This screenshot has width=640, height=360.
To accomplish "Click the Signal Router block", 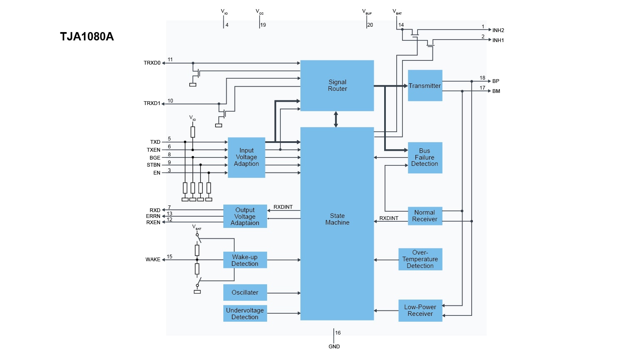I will (337, 85).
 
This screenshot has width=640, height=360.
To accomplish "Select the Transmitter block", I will (425, 85).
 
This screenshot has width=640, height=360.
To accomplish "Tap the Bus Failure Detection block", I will (425, 157).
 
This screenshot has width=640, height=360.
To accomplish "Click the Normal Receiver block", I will (425, 216).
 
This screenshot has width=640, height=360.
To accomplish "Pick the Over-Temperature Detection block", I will (420, 259).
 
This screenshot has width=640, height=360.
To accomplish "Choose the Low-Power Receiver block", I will (420, 310).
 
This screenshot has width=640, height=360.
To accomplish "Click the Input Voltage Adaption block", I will (246, 157).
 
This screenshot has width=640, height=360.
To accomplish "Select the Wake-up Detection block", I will (245, 260).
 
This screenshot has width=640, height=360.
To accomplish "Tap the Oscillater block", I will (245, 292).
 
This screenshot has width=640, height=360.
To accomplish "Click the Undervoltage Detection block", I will (245, 314).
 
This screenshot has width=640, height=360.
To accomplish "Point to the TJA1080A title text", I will (87, 37).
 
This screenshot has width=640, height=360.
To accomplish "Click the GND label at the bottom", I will (334, 347).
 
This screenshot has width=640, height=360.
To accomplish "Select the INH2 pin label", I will (498, 30).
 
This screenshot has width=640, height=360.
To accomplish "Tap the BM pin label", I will (496, 91).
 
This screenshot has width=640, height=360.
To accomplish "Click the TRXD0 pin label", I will (152, 63).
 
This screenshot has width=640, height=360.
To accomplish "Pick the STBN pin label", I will (153, 165).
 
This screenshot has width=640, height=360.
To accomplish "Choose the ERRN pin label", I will (153, 216).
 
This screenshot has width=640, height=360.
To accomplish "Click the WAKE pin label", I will (153, 260).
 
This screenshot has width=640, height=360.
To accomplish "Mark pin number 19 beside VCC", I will (263, 25).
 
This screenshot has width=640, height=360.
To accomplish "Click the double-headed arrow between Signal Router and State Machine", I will (336, 119).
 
